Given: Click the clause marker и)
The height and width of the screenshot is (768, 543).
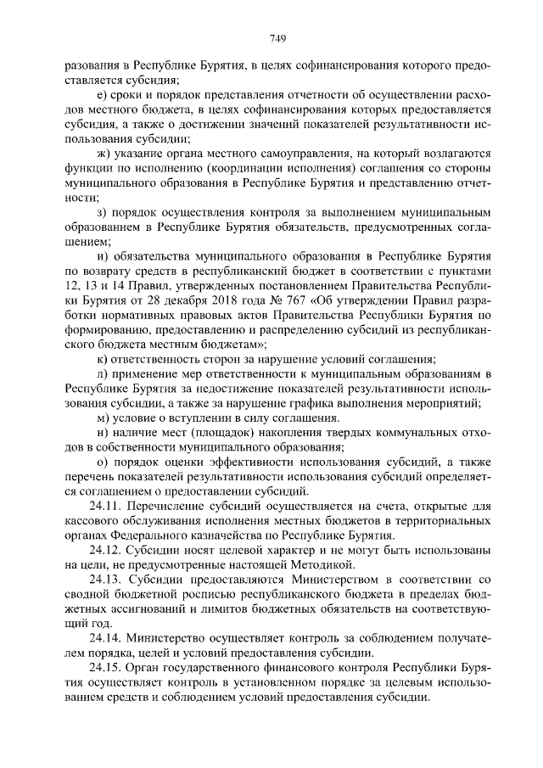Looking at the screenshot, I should pos(104,256).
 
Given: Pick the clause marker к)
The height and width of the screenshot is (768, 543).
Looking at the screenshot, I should pos(104,359).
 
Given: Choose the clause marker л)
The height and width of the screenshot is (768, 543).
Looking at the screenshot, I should pos(104,373).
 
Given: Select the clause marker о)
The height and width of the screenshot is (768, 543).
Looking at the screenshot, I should pos(104,462).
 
